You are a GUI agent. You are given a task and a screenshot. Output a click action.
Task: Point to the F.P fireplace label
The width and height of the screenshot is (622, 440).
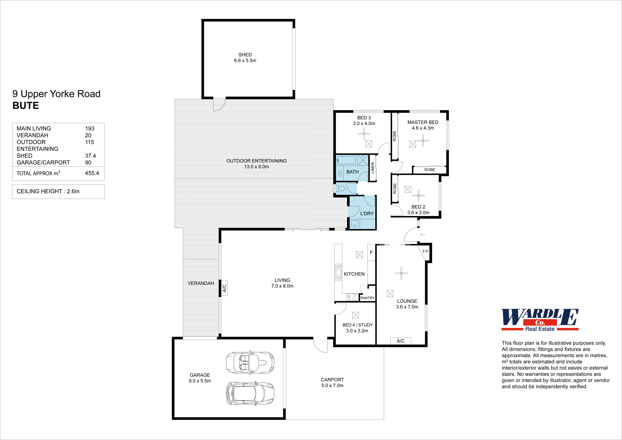click(x=425, y=251)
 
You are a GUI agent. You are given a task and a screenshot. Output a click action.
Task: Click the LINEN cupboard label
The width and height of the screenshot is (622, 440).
click(x=372, y=168)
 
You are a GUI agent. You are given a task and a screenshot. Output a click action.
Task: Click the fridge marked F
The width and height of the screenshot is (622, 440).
click(x=371, y=253)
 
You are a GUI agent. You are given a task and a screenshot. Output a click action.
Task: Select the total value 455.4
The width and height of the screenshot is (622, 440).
click(x=92, y=173)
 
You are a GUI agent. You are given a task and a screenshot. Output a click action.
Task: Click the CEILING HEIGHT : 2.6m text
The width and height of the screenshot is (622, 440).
click(x=48, y=191)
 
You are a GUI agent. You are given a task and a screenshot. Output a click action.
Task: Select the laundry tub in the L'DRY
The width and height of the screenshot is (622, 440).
click(x=355, y=224)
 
